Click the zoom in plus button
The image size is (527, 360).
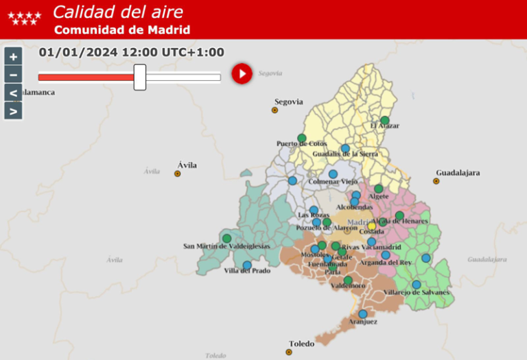point(13,56)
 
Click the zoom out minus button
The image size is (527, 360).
point(13,74)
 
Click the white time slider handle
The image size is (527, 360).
point(140,77)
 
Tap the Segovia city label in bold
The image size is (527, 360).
point(288,101)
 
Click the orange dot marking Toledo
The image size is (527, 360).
point(289,352)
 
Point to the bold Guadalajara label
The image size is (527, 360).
point(458,172)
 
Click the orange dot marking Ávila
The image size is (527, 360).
point(178,173)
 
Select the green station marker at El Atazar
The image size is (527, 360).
point(385,120)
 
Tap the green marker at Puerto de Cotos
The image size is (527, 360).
point(302,138)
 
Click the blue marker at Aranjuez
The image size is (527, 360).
point(363,314)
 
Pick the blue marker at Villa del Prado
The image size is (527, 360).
point(247,265)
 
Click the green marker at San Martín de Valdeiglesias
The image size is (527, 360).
point(226,239)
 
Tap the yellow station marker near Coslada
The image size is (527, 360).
point(372,226)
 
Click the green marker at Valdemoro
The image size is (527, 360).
point(348,280)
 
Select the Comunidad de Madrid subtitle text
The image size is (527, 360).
point(122,29)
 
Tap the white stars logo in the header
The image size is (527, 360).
point(24,18)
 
